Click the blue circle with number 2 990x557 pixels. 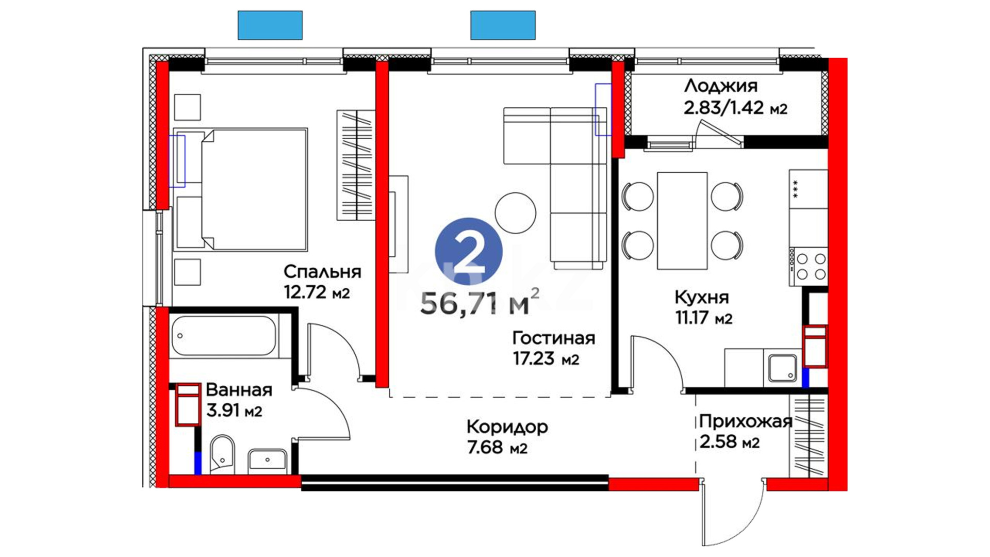[x=469, y=251]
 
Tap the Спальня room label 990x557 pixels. [x=322, y=272]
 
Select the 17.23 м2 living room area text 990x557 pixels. [x=546, y=358]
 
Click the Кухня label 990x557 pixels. [x=702, y=297]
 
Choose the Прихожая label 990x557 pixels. [x=745, y=421]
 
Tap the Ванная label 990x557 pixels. [x=239, y=390]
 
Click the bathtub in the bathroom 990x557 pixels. [x=224, y=336]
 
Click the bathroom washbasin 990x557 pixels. [x=268, y=460]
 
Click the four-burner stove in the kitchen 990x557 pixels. [x=808, y=266]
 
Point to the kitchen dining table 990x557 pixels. [x=682, y=221]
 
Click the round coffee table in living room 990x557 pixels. [x=516, y=212]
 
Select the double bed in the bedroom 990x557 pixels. [x=241, y=189]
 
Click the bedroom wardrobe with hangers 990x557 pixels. [x=356, y=165]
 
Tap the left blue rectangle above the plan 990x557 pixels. [x=270, y=25]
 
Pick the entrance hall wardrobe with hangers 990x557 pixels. [x=808, y=435]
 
